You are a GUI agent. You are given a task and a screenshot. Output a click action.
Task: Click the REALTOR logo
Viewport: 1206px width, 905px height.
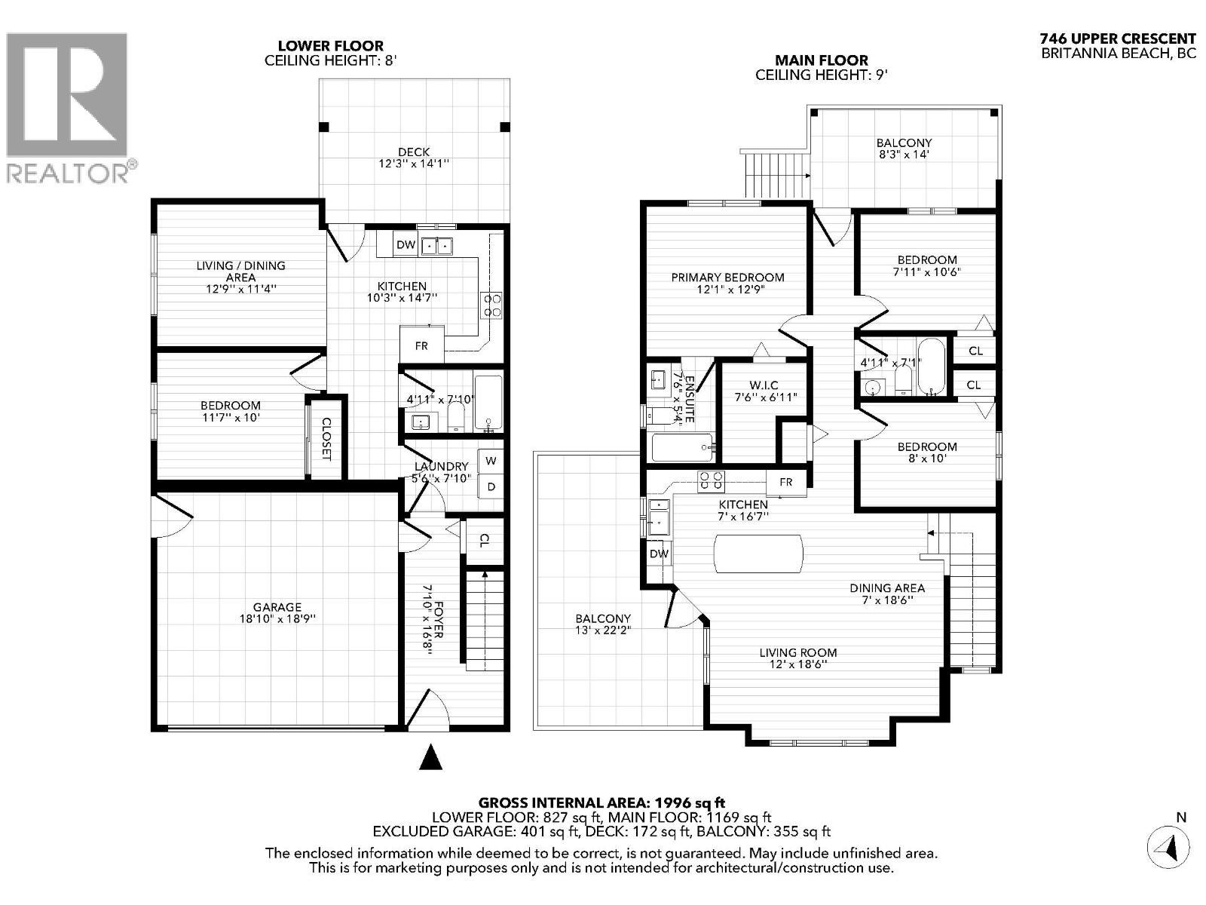click(x=68, y=106)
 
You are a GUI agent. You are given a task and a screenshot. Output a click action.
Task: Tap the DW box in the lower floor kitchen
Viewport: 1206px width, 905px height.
click(x=406, y=244)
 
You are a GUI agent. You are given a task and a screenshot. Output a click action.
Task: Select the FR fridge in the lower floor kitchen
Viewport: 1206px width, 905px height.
click(x=421, y=345)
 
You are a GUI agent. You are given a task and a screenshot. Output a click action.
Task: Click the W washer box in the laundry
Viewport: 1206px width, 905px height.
click(x=491, y=461)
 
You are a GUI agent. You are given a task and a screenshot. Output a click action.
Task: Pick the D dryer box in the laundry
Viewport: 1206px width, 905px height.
click(x=491, y=487)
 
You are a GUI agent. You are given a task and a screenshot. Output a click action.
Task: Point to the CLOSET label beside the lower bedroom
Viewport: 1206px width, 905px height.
click(x=326, y=439)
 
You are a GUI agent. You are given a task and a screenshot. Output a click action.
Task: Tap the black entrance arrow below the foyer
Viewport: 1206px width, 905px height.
click(x=430, y=757)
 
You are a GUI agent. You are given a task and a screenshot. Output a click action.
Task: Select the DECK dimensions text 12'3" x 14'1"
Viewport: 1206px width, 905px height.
click(x=414, y=164)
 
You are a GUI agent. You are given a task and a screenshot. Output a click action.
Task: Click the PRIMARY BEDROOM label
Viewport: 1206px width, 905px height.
click(x=727, y=277)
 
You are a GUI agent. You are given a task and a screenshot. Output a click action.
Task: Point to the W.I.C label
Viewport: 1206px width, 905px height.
click(x=764, y=385)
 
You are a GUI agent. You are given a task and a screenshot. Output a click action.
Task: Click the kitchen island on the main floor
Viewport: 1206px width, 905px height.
click(x=758, y=554)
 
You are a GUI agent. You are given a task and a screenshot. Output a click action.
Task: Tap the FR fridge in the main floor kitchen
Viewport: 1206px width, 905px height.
click(x=786, y=482)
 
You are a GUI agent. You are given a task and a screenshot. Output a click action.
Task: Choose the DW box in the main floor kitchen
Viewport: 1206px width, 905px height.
click(x=659, y=554)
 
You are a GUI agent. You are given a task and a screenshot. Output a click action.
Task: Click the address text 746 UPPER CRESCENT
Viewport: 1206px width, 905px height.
click(x=1118, y=39)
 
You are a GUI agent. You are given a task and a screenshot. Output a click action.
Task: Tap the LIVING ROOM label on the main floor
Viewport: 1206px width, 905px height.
click(x=798, y=652)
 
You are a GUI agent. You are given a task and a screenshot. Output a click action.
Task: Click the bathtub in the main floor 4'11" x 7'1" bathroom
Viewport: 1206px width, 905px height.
click(x=931, y=367)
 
